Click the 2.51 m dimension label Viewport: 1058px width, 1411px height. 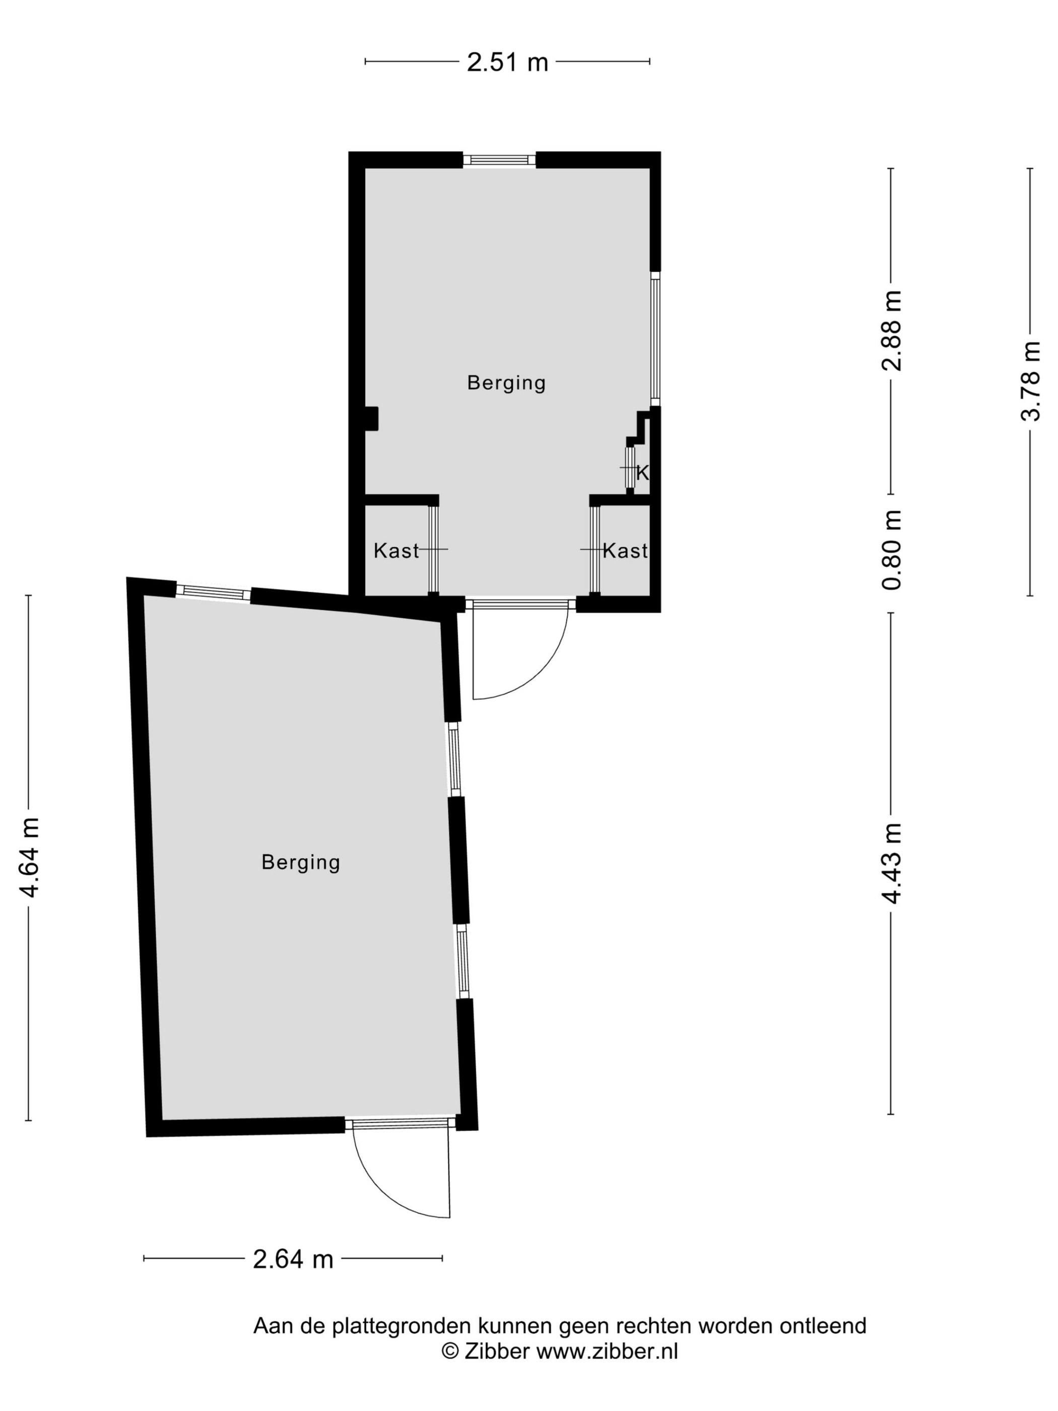507,62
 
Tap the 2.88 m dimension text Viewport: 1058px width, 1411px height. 892,331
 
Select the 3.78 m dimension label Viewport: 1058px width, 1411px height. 1030,381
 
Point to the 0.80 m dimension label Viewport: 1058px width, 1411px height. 892,550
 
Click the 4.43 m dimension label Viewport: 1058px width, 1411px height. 892,864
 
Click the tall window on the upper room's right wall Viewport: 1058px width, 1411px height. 655,339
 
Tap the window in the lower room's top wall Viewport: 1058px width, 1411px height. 214,592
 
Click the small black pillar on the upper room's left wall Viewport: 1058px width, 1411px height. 371,419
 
